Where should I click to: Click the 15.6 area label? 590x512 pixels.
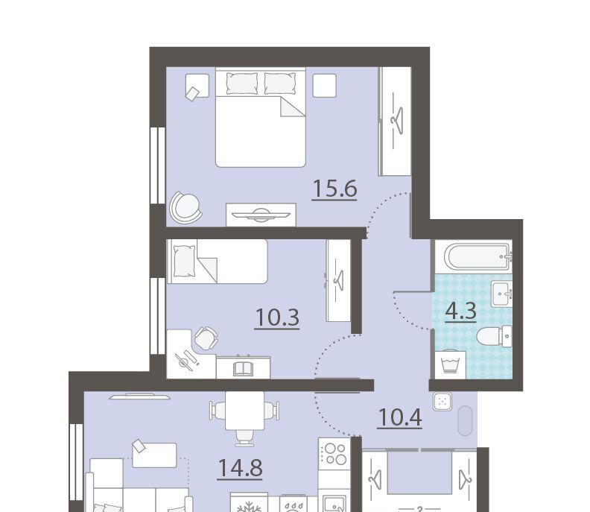click(334, 189)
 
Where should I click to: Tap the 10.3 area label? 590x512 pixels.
click(277, 317)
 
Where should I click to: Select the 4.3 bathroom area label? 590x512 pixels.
click(461, 312)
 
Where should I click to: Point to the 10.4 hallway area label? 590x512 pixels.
click(399, 418)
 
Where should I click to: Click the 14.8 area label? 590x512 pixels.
click(240, 468)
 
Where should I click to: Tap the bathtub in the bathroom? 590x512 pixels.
click(478, 257)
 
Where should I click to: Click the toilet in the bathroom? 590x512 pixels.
click(495, 336)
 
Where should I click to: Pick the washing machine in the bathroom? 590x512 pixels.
click(451, 364)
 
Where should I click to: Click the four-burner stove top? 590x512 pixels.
click(334, 455)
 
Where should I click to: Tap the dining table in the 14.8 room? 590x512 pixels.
click(244, 411)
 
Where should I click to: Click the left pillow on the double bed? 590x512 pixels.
click(242, 83)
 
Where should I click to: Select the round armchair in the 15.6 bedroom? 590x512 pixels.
click(185, 206)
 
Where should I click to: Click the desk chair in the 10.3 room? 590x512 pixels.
click(206, 338)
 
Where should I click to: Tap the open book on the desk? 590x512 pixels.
click(244, 368)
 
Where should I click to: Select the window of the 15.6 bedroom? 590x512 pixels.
click(158, 165)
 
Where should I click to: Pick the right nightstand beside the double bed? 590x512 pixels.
click(325, 85)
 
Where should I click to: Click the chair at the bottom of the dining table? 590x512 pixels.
click(244, 437)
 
